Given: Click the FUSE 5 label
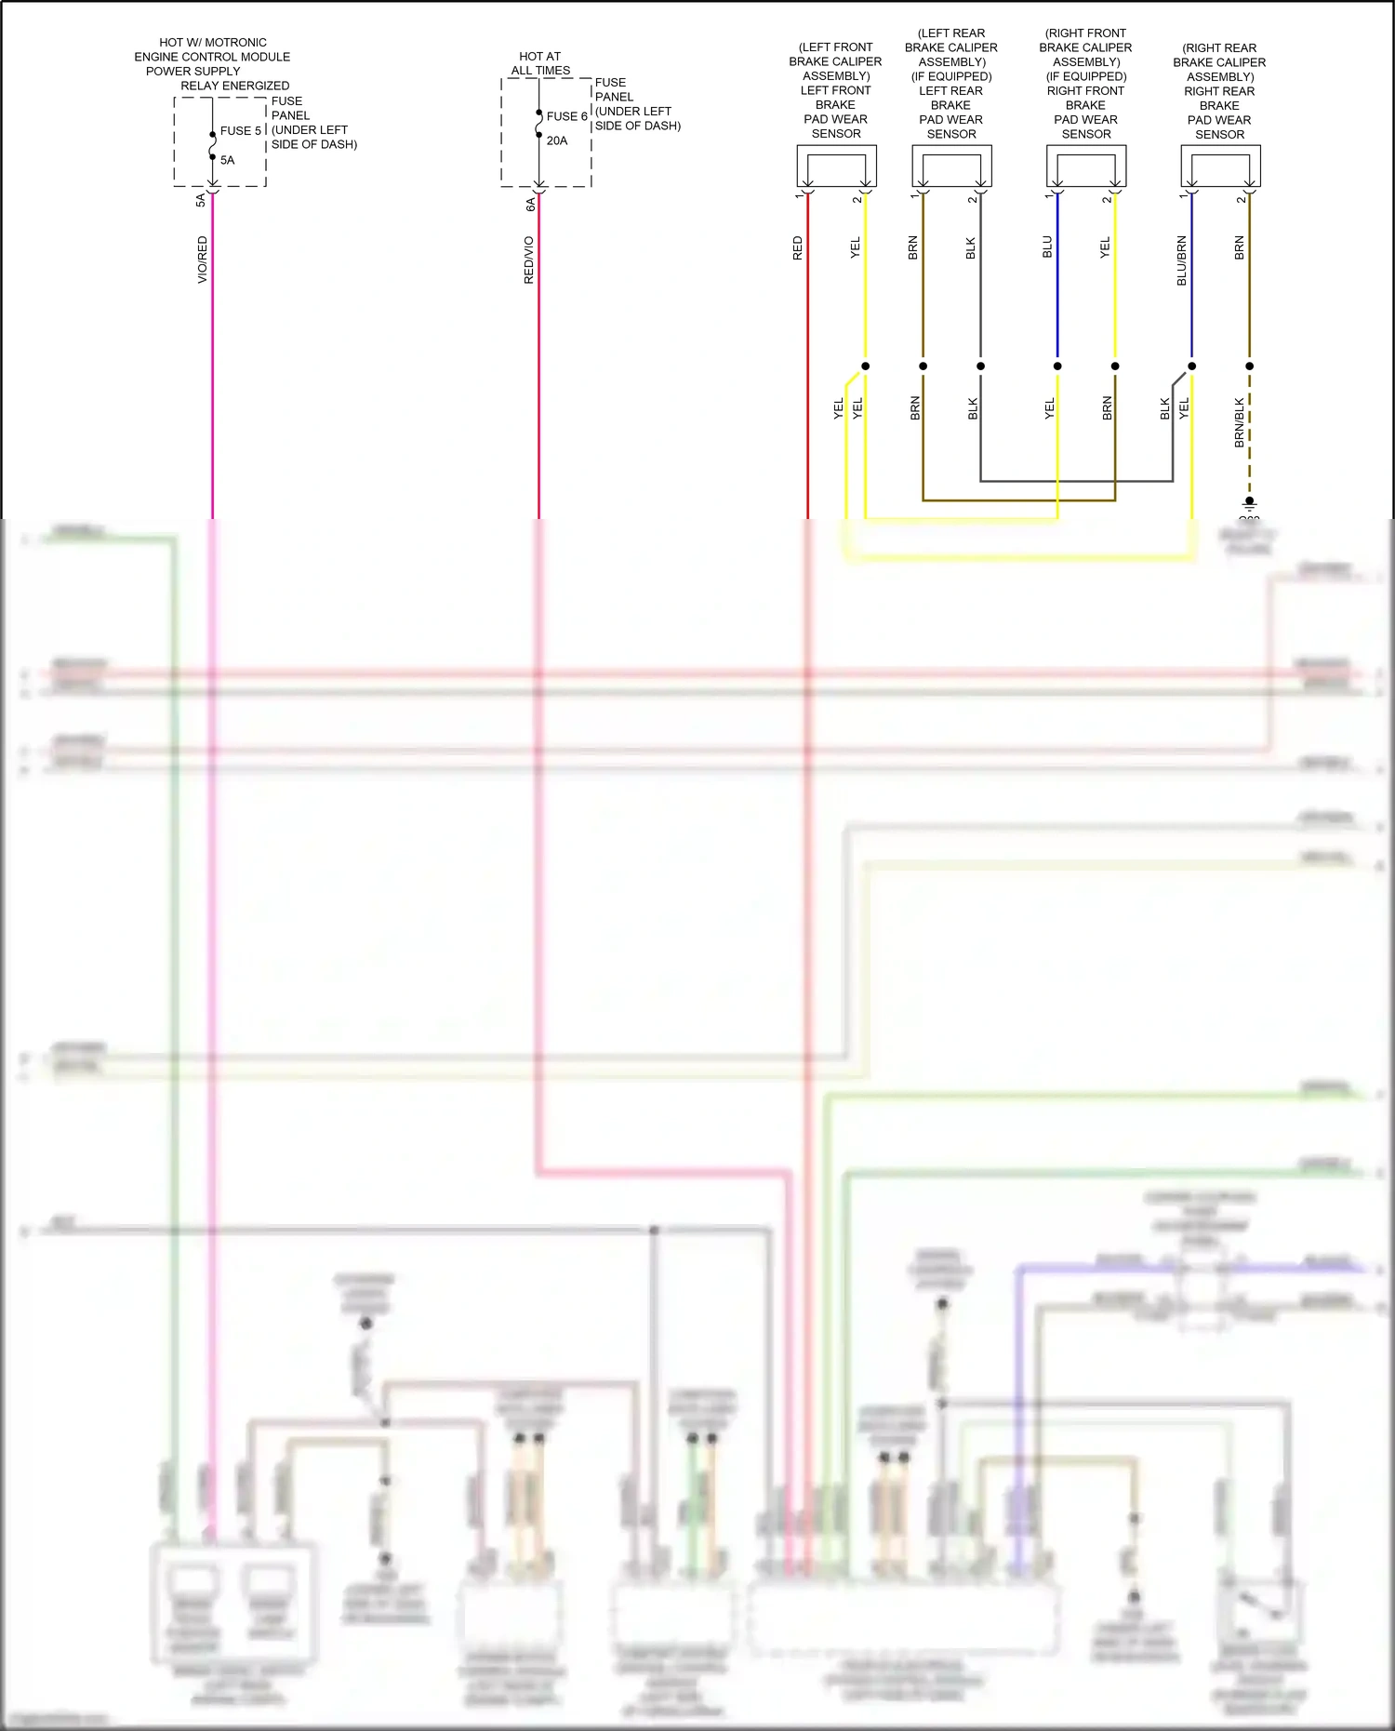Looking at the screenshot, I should click(x=240, y=131).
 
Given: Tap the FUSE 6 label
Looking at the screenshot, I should click(x=566, y=116).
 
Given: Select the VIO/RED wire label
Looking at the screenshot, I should click(x=203, y=260).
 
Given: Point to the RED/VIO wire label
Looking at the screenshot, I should click(x=529, y=260).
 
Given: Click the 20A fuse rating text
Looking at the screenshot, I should click(x=557, y=140).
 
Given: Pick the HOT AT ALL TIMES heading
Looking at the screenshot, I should click(x=540, y=63).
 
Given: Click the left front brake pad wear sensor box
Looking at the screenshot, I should click(x=836, y=166).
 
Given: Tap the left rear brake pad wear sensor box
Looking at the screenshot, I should click(x=951, y=166).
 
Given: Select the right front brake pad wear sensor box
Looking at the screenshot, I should click(x=1086, y=166).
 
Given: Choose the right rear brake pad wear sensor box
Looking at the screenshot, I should click(x=1220, y=166).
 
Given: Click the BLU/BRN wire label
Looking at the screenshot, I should click(x=1182, y=260).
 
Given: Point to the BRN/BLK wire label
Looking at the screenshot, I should click(x=1240, y=422).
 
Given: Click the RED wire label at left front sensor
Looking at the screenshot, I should click(x=798, y=247).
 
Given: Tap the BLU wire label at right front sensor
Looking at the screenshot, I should click(x=1047, y=246).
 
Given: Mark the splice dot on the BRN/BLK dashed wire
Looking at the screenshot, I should click(x=1250, y=366).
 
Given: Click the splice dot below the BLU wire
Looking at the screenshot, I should click(x=1057, y=366).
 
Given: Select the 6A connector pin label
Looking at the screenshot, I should click(x=530, y=204).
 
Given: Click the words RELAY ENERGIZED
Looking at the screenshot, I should click(x=234, y=86).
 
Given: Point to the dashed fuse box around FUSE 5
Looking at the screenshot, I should click(x=220, y=141).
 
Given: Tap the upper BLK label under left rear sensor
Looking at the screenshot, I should click(x=971, y=248).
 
